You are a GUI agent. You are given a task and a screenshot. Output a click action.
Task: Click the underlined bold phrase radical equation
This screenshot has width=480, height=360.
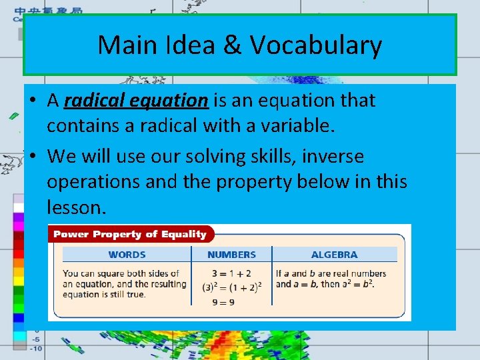click(x=137, y=101)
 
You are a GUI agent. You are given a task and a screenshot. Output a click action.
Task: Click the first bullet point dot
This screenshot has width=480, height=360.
click(x=32, y=101)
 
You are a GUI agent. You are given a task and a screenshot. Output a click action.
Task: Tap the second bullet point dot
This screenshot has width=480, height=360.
click(x=32, y=157)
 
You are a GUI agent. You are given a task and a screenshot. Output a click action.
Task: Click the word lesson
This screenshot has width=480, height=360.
click(x=75, y=207)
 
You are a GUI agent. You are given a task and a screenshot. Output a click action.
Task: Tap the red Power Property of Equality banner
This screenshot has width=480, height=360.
click(x=130, y=234)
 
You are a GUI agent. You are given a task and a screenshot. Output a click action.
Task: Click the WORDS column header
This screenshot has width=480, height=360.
click(x=127, y=255)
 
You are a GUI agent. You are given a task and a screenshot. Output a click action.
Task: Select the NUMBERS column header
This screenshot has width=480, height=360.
click(x=231, y=255)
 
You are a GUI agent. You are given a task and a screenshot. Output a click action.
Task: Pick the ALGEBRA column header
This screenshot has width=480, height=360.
click(x=334, y=255)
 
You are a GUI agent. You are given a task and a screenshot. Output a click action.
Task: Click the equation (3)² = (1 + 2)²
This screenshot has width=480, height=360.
click(x=231, y=287)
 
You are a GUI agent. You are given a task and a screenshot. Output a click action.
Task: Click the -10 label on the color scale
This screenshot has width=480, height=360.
click(x=35, y=348)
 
